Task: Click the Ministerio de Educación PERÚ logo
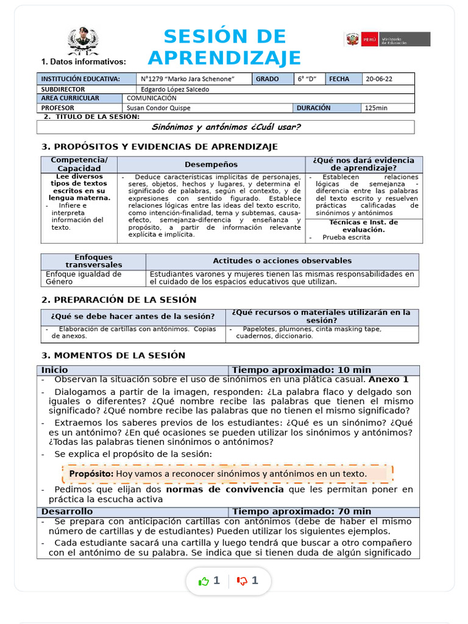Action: click(388, 40)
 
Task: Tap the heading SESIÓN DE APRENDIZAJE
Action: click(224, 48)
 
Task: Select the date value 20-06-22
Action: click(379, 79)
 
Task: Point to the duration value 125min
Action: click(376, 108)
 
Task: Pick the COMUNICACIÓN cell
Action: click(152, 98)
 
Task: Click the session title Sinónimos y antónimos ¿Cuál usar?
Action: click(225, 127)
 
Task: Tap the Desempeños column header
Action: click(211, 165)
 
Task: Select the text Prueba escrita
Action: click(346, 238)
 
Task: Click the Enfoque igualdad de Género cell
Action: click(83, 278)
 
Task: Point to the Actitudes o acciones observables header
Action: click(282, 261)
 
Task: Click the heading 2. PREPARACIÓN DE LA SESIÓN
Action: click(119, 300)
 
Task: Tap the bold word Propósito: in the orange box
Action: click(91, 473)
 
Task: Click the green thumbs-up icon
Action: click(204, 581)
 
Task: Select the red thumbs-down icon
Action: click(243, 581)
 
